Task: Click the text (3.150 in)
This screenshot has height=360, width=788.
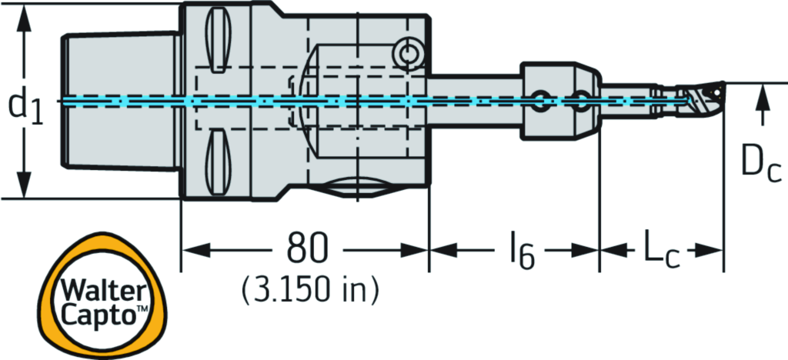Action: (311, 289)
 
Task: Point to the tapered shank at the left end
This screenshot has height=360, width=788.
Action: (119, 102)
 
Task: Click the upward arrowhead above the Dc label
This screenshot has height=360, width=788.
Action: (762, 96)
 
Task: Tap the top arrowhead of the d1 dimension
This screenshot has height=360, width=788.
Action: (25, 16)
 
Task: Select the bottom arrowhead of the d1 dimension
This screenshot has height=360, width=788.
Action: (25, 188)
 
